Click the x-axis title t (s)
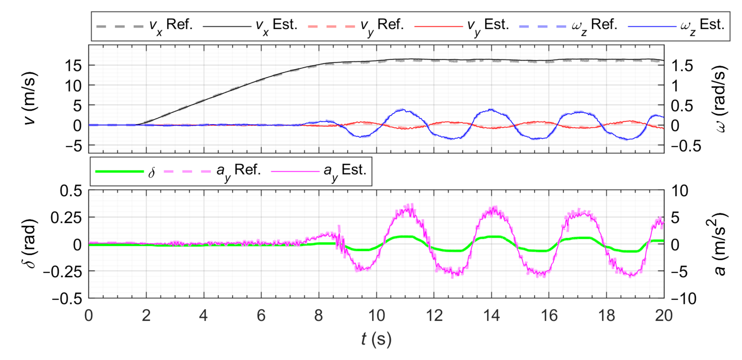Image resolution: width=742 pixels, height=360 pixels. (x=376, y=340)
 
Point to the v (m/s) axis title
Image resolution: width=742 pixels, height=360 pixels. (x=30, y=99)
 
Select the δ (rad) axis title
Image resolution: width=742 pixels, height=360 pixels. (x=30, y=244)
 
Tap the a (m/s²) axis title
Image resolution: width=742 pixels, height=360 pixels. (x=720, y=244)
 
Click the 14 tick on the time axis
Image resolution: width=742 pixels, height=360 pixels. (x=491, y=316)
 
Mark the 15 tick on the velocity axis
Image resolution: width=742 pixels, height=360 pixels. (x=73, y=66)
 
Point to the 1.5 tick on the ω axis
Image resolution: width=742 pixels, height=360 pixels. (x=682, y=66)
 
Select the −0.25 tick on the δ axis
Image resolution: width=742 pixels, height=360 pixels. (x=63, y=272)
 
